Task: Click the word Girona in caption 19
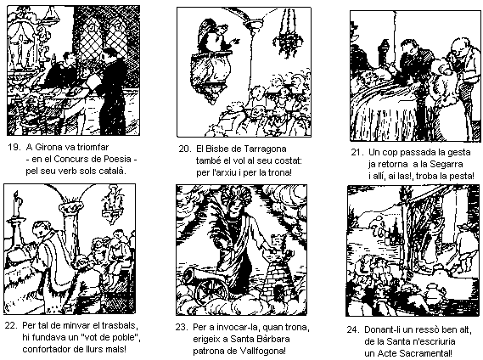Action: pos(48,148)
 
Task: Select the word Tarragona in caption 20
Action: pos(265,149)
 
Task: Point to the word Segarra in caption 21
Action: pos(448,164)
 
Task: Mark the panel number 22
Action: pos(10,326)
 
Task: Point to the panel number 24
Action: pos(353,329)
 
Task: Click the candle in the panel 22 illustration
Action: pos(17,205)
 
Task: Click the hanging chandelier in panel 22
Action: pos(113,205)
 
